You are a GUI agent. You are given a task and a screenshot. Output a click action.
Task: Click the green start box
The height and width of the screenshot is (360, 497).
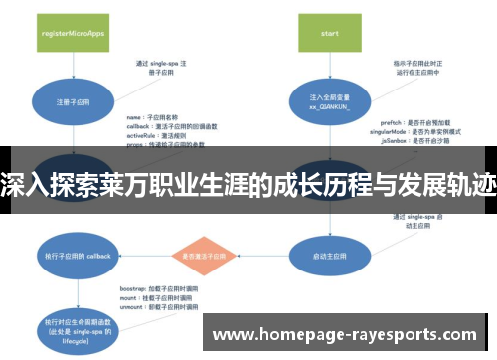coord(329,31)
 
